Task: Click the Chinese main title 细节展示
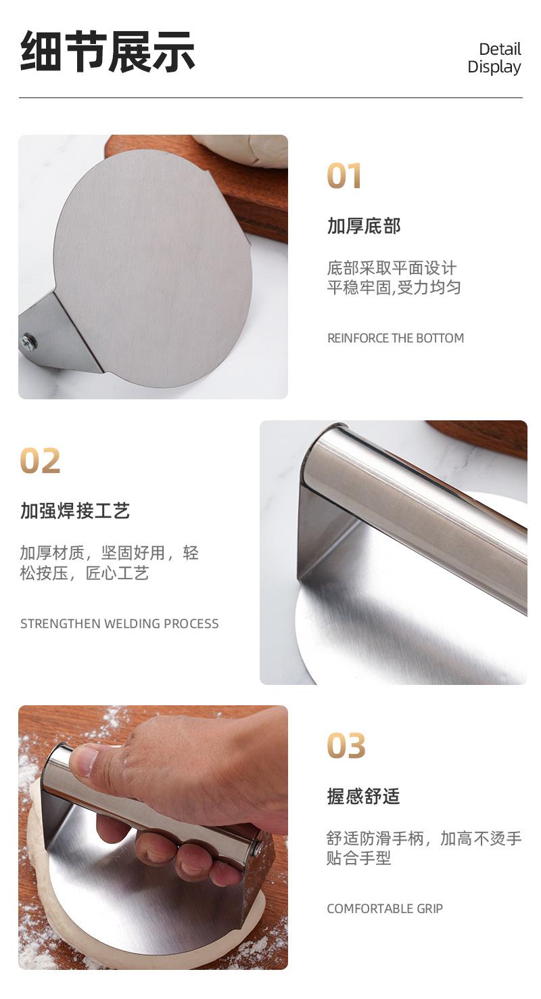[108, 51]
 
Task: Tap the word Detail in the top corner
[500, 49]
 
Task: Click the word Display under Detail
[494, 67]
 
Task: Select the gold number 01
[344, 176]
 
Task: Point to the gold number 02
[40, 461]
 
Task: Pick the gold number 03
[346, 745]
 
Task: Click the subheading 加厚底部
[364, 225]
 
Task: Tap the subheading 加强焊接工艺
[75, 510]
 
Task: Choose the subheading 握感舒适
[364, 796]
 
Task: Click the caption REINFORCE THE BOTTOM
[396, 338]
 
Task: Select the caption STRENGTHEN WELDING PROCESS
[120, 623]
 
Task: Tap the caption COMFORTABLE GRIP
[385, 908]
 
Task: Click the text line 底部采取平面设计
[392, 268]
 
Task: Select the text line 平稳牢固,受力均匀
[394, 287]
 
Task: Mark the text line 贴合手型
[358, 858]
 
